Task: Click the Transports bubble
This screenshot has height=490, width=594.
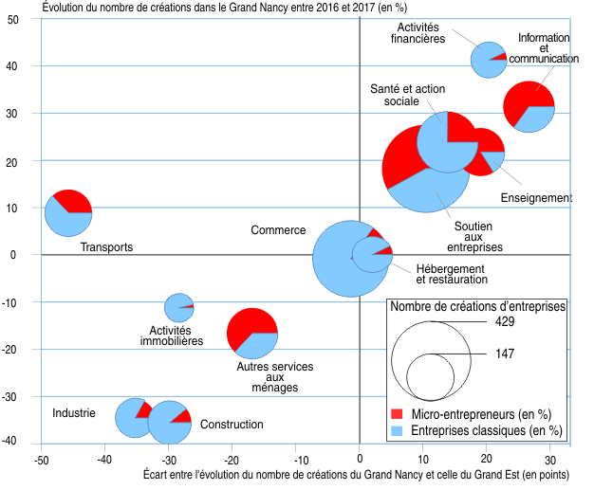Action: (x=68, y=212)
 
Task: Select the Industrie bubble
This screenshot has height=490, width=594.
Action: (x=135, y=417)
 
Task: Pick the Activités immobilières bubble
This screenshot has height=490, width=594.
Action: (x=179, y=307)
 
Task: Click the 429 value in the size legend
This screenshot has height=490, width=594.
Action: (x=504, y=322)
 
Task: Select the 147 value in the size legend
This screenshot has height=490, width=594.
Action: (x=504, y=354)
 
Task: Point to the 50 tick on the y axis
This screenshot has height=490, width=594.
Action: (x=27, y=19)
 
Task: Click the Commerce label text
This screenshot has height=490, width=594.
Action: (x=278, y=230)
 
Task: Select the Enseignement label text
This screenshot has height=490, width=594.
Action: (x=536, y=198)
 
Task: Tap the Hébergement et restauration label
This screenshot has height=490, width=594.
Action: (x=451, y=274)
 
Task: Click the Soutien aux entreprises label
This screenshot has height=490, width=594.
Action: (x=479, y=237)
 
